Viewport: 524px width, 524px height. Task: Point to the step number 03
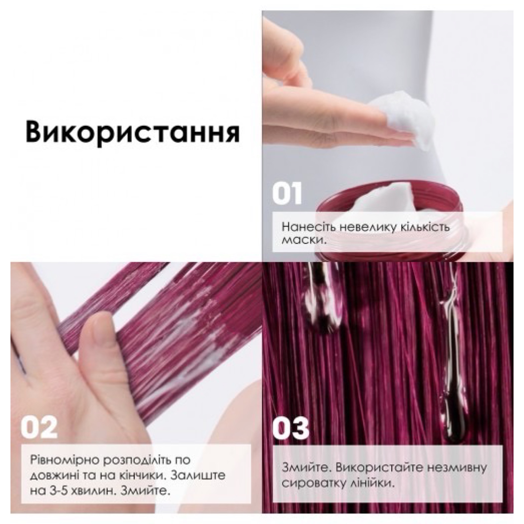coord(291,428)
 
